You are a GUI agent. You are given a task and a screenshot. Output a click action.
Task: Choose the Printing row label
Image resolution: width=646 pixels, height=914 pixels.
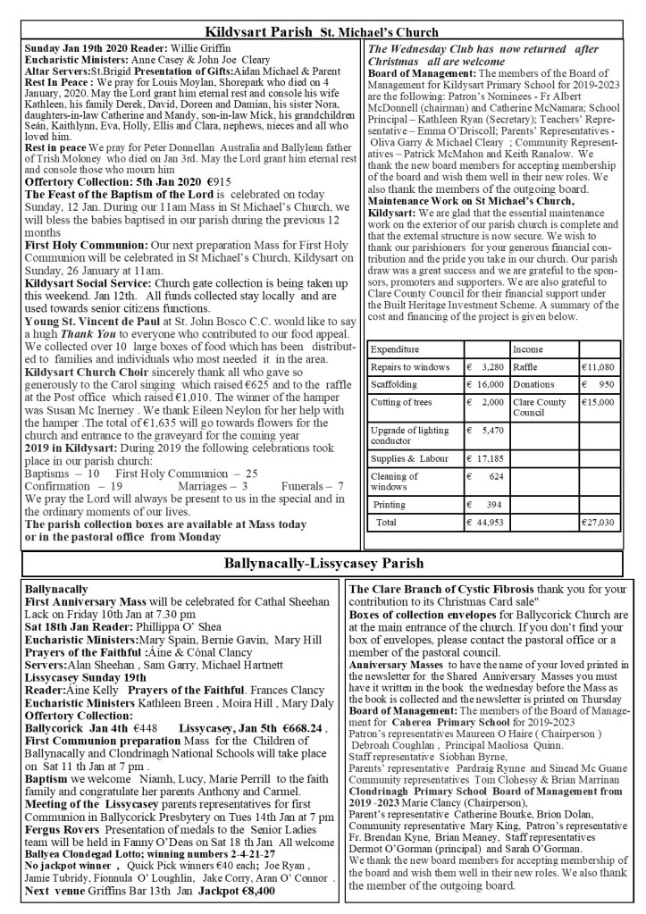[389, 504]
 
